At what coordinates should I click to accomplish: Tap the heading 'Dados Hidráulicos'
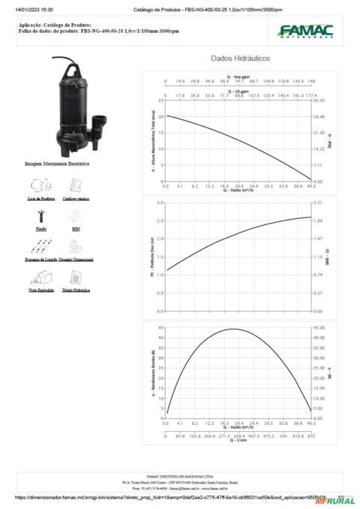240,58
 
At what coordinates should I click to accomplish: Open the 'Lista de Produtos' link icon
41,186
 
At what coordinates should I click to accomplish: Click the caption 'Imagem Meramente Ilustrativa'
57,163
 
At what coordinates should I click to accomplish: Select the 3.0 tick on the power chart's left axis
160,203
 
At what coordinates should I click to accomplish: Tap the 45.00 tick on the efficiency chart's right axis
320,328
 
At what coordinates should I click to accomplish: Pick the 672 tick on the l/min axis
311,436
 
